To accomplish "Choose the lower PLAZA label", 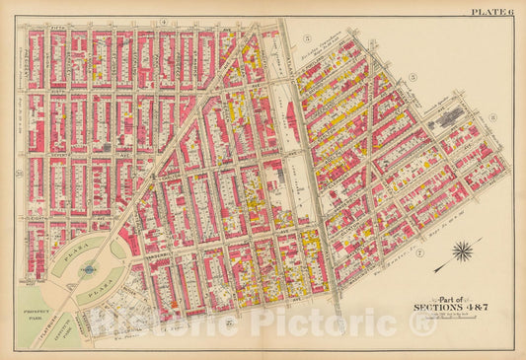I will (93, 292).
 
